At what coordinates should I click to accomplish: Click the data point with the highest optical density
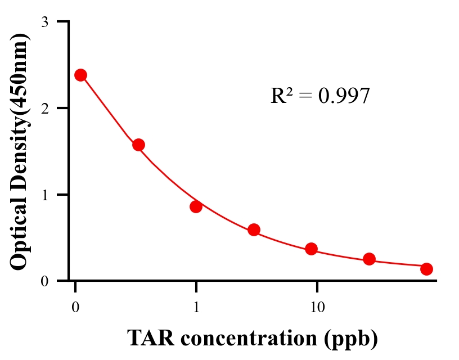(x=80, y=75)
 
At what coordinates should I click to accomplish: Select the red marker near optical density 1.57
(x=138, y=145)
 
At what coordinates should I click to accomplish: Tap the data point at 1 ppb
(x=196, y=206)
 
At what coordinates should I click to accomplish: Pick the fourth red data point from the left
(x=254, y=229)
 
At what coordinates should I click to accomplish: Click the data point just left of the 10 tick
(x=311, y=249)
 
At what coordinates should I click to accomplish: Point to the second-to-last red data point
(x=369, y=259)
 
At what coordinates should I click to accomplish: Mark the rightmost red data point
(x=426, y=269)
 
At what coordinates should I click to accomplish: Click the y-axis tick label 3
(x=44, y=22)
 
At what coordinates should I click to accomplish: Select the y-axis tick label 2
(x=44, y=108)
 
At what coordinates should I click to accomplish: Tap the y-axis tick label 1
(x=44, y=195)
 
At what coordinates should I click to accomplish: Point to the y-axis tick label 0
(x=44, y=281)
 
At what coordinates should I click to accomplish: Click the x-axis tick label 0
(x=75, y=307)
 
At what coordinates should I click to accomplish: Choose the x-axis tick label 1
(x=196, y=307)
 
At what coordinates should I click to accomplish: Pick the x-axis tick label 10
(x=317, y=307)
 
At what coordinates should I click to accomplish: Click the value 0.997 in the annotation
(x=344, y=96)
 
